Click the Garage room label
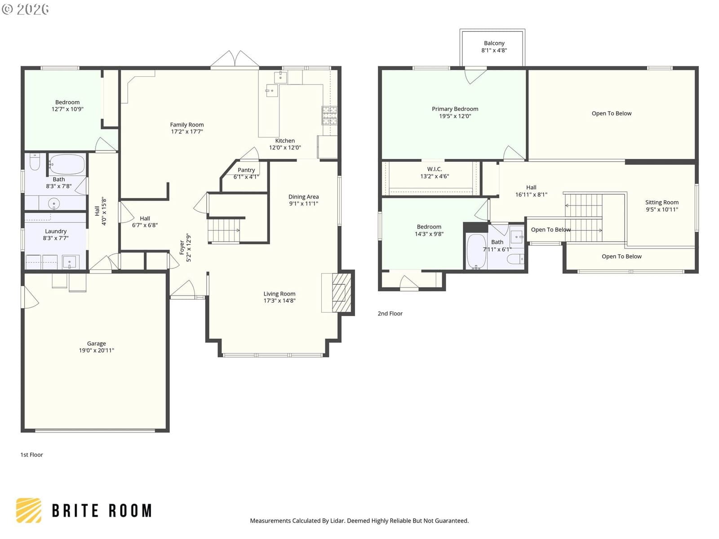click(x=96, y=343)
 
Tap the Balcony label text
click(x=494, y=43)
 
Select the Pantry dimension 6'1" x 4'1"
click(x=246, y=177)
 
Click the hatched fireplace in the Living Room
click(x=342, y=292)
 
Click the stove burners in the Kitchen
click(x=329, y=115)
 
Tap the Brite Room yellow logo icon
click(x=29, y=510)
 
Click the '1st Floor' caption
click(x=32, y=455)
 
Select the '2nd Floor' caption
click(x=390, y=314)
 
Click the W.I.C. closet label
click(x=435, y=169)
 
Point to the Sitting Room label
click(x=661, y=202)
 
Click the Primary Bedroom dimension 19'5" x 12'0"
click(x=455, y=116)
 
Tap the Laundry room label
click(x=56, y=231)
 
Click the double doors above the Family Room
click(x=235, y=59)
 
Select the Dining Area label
click(x=303, y=197)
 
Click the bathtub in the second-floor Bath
click(x=476, y=252)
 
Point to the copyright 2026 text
click(x=25, y=9)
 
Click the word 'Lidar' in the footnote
click(x=337, y=521)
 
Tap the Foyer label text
click(x=182, y=247)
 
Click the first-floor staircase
click(x=224, y=231)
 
